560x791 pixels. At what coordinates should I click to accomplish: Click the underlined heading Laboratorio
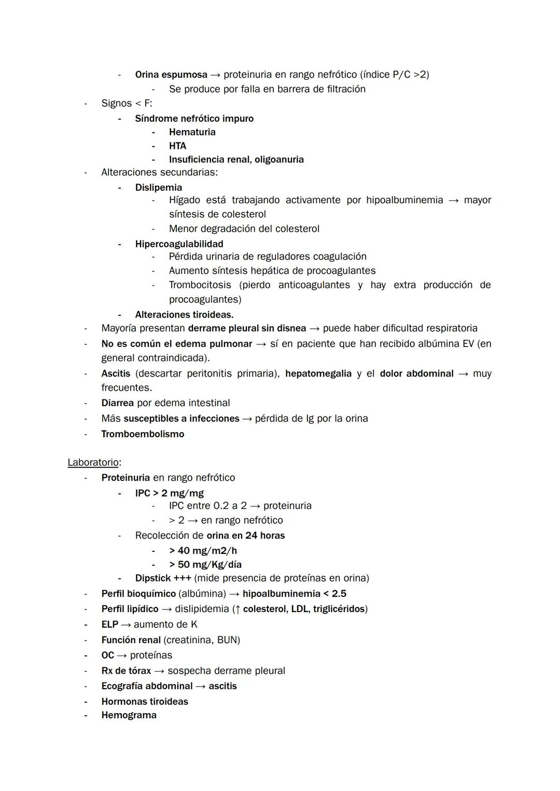93,462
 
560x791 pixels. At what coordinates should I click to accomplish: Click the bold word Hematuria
192,132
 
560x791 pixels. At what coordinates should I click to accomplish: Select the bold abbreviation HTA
177,146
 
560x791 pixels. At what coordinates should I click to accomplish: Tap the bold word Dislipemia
158,187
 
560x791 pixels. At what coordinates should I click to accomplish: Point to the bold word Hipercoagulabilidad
179,244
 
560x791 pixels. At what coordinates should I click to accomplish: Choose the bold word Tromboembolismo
143,434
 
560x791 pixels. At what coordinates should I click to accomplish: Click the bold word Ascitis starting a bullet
116,373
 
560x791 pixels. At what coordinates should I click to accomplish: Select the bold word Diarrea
117,403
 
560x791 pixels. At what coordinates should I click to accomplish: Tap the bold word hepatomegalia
318,373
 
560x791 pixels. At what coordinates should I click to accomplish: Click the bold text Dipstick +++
163,578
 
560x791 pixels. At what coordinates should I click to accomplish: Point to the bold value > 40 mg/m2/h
203,550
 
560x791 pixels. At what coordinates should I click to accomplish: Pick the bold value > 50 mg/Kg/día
205,564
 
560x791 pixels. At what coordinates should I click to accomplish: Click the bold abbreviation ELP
109,625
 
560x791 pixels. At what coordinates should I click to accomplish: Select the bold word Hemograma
129,715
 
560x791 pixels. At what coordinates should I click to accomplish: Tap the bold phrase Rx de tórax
126,671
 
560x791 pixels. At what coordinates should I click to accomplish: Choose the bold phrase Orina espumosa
171,75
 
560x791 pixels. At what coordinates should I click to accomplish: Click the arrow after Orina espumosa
215,75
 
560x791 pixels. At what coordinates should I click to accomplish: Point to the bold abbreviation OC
107,655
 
